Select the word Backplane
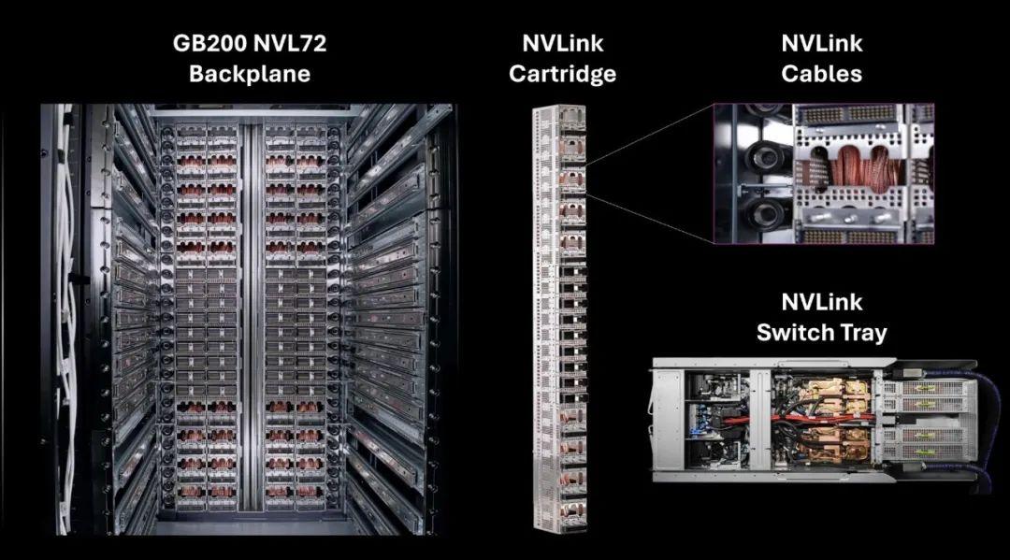(249, 73)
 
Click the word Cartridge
(562, 73)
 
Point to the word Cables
(822, 73)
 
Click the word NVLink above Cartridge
(562, 43)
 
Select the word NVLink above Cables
(822, 43)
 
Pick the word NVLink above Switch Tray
(822, 302)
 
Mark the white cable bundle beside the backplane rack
(65, 280)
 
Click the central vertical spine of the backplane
(248, 318)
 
